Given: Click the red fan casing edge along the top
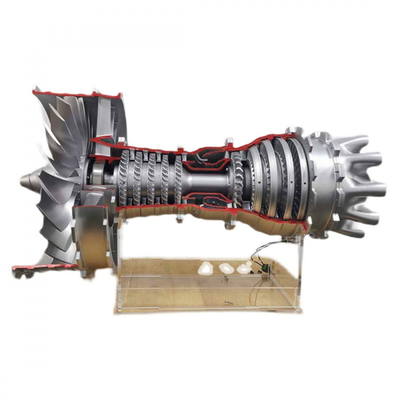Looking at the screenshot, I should (76, 94).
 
